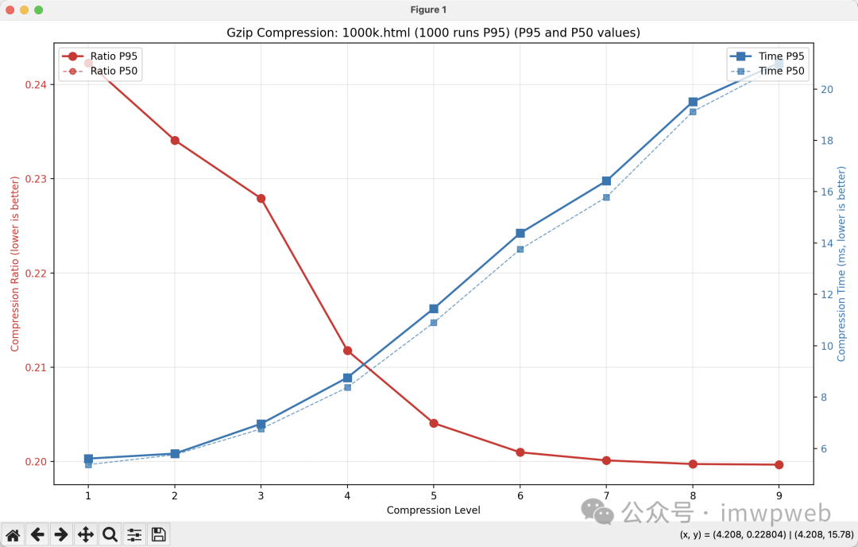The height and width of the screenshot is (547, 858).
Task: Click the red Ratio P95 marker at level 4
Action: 347,351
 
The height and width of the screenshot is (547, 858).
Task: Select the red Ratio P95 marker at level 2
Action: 175,140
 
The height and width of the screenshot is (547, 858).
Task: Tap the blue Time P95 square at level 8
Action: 693,102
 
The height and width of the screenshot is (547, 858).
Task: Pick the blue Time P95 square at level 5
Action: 434,308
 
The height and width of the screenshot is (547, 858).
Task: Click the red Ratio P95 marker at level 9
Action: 779,464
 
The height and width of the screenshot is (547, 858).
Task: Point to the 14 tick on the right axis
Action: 827,243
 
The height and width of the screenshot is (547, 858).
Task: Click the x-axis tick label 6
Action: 520,495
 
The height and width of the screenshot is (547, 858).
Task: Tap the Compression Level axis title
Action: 433,510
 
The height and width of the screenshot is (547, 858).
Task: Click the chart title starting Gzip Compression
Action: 433,33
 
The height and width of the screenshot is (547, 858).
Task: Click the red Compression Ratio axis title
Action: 14,263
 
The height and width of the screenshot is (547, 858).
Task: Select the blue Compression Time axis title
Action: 842,263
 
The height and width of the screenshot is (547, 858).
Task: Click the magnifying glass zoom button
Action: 110,534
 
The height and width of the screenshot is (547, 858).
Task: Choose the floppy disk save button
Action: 159,534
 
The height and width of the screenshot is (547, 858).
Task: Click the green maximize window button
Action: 39,10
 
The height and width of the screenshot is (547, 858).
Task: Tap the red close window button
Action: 10,10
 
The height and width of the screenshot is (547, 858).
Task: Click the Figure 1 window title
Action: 428,10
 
